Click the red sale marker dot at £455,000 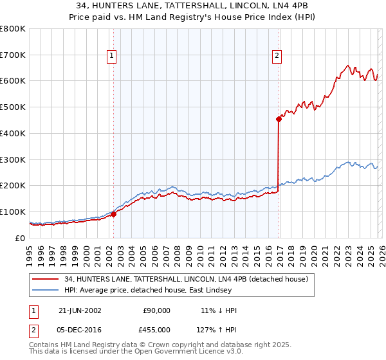(x=279, y=119)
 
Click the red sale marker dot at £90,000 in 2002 (x=114, y=215)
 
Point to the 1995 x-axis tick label (x=30, y=256)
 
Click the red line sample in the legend (x=46, y=279)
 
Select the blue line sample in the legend (x=46, y=290)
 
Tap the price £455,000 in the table (x=156, y=329)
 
